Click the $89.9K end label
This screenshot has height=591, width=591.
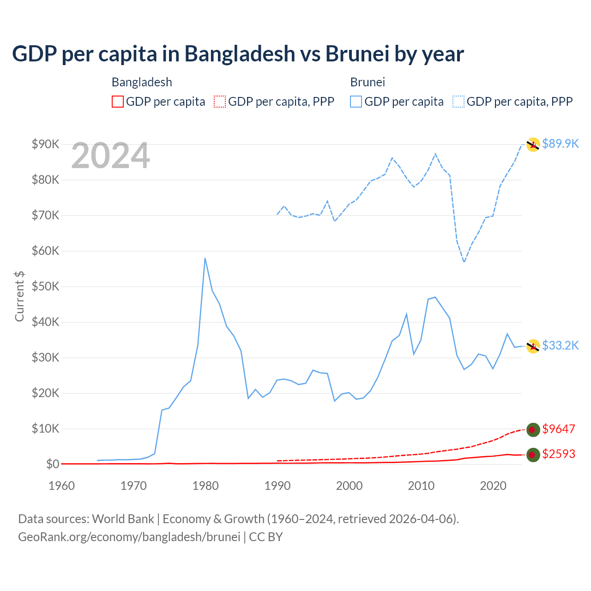click(560, 144)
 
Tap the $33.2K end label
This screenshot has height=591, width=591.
click(560, 345)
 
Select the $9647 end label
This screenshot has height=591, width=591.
click(559, 429)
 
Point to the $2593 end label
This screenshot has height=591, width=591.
click(559, 454)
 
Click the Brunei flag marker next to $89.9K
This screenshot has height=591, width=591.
click(533, 145)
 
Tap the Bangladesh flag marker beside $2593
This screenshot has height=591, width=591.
click(533, 455)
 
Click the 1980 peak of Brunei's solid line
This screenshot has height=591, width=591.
click(205, 259)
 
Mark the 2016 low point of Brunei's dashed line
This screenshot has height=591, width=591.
click(464, 262)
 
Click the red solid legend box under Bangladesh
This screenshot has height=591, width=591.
click(118, 102)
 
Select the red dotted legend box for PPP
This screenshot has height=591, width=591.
click(220, 102)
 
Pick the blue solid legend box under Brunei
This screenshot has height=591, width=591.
click(356, 102)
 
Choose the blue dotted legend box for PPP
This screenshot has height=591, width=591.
click(458, 102)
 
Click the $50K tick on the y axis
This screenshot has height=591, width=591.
click(46, 286)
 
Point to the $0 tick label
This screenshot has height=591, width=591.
click(53, 464)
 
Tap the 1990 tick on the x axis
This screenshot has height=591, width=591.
click(277, 486)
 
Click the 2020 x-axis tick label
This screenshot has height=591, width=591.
click(493, 486)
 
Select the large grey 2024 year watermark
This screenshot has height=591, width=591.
click(110, 156)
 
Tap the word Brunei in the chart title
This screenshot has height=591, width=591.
click(356, 54)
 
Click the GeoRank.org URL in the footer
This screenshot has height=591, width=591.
click(129, 537)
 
